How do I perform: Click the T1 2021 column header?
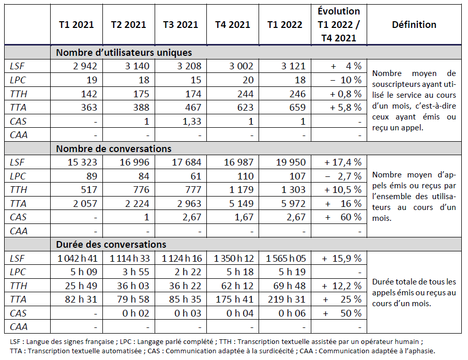point(77,25)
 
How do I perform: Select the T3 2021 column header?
point(180,25)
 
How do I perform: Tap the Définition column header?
point(414,25)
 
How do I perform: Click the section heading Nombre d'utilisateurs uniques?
point(124,52)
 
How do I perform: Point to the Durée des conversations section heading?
point(111,244)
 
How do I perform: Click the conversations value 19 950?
point(290,162)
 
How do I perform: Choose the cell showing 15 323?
point(82,162)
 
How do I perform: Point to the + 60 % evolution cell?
point(343,217)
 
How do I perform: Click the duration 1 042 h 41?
point(77,258)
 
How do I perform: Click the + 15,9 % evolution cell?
point(341,258)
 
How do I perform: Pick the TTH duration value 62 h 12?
point(238,286)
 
